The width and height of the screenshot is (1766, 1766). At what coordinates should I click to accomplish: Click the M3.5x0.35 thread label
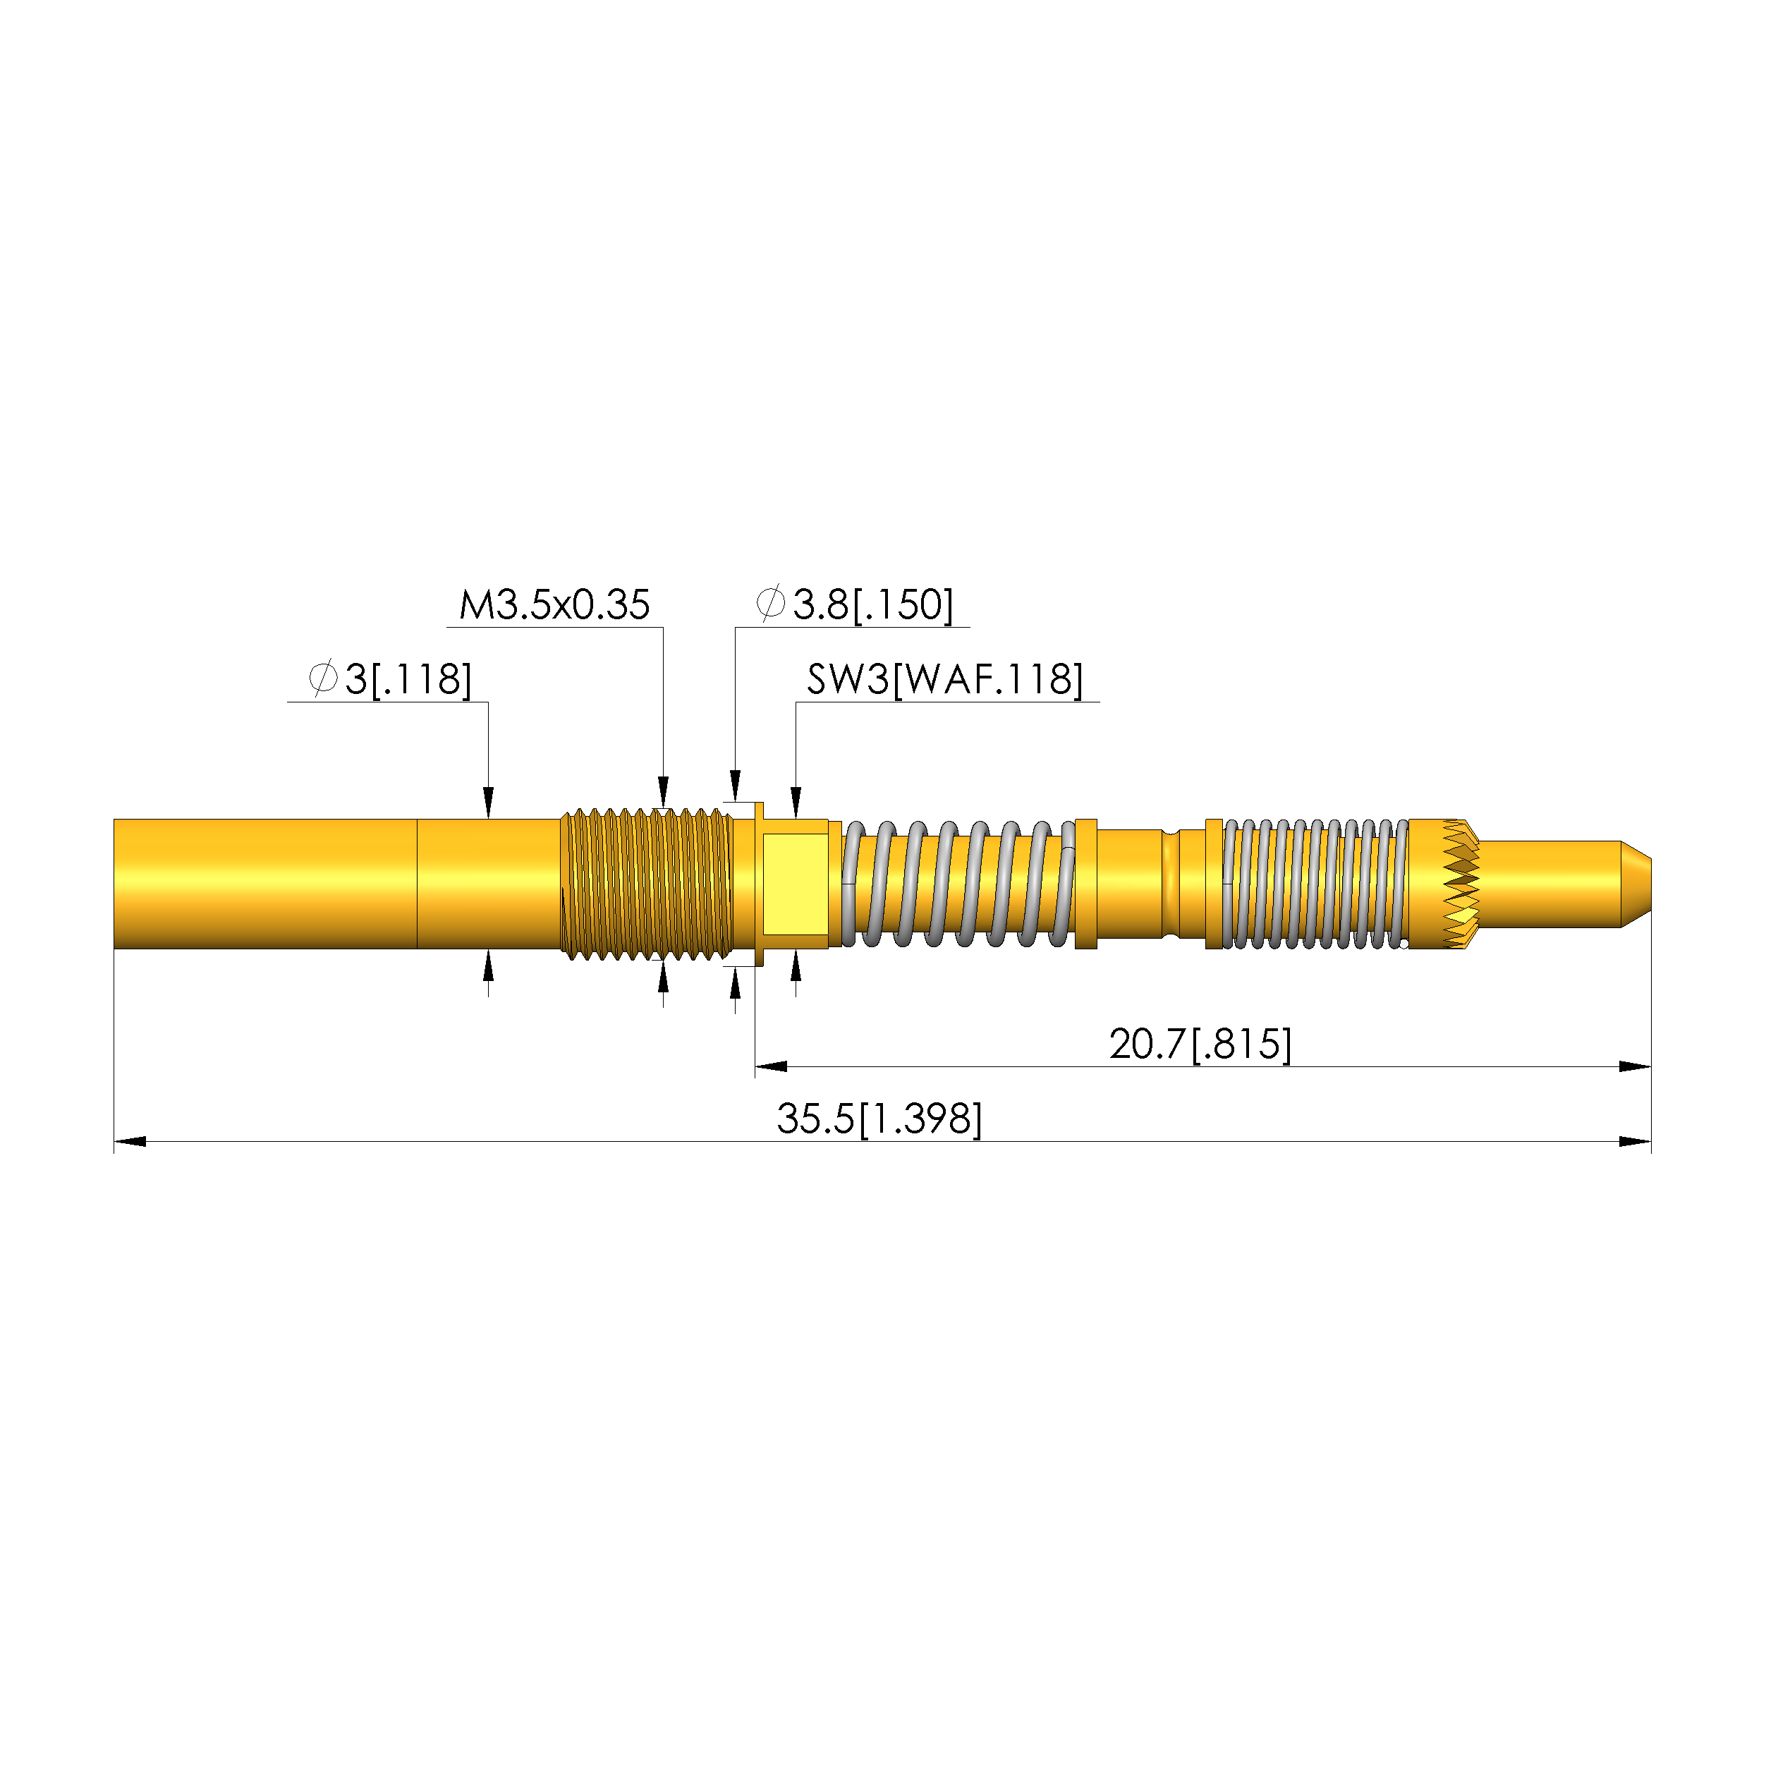(554, 605)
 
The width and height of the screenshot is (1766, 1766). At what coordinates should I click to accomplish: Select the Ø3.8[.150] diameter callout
(855, 605)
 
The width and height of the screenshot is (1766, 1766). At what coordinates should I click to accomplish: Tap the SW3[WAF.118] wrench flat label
(945, 680)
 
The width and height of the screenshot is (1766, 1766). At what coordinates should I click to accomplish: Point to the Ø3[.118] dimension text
(390, 680)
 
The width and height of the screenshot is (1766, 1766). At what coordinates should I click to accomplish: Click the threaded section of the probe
(646, 884)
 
